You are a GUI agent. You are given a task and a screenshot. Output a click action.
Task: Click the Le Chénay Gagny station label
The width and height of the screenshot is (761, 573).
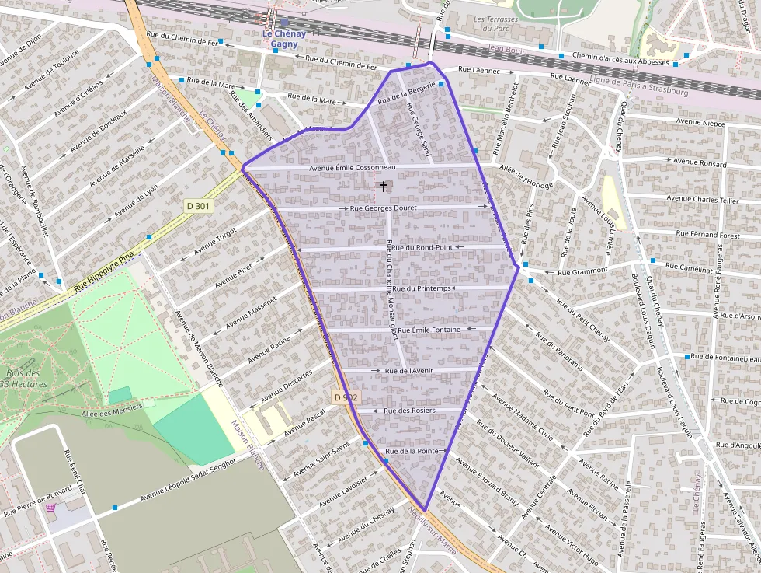(x=284, y=39)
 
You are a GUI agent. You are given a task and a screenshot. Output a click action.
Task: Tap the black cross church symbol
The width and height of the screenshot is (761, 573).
(x=384, y=187)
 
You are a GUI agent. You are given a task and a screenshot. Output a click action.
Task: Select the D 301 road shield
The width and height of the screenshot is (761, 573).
(x=200, y=205)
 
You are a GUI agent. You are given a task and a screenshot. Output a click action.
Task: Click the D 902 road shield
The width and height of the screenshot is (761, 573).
(x=346, y=397)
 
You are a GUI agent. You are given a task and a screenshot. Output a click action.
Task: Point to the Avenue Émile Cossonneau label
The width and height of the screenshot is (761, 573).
(x=353, y=167)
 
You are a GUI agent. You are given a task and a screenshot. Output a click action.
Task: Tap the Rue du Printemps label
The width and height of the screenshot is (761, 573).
(x=422, y=288)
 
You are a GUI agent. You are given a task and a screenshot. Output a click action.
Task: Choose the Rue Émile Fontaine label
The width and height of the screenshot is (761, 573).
(x=424, y=330)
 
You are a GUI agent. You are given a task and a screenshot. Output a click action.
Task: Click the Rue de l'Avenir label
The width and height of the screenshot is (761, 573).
(x=408, y=371)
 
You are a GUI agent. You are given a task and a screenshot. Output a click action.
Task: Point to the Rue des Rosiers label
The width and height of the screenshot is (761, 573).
(x=409, y=410)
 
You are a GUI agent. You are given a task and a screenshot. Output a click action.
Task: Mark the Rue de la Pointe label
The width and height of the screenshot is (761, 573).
(x=413, y=451)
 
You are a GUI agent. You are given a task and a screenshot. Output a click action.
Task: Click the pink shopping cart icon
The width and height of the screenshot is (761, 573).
(x=51, y=508)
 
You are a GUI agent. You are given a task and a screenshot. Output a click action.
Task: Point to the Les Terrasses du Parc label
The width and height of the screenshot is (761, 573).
(x=502, y=23)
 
